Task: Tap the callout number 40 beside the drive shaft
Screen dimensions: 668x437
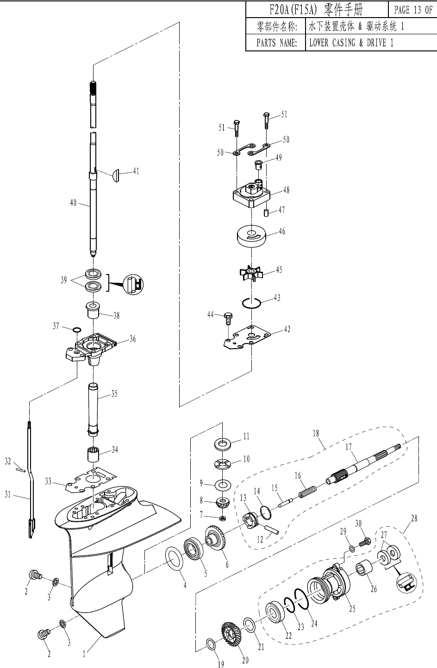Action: (x=73, y=202)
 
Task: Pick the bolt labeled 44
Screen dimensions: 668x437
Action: (x=228, y=318)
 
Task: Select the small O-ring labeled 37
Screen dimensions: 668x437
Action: (x=77, y=330)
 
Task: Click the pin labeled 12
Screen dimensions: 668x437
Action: (x=271, y=529)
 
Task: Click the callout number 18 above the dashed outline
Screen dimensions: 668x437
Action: (x=316, y=434)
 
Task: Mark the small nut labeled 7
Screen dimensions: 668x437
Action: (x=223, y=517)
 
